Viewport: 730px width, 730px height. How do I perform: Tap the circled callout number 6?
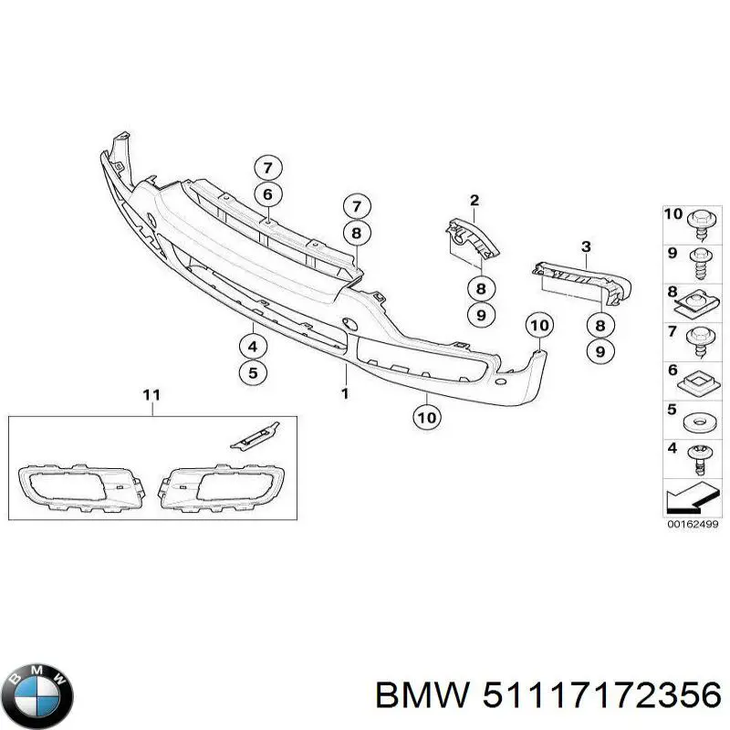coord(267,193)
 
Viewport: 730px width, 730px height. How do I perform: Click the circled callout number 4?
coord(253,347)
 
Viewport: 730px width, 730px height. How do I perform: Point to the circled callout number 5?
coord(253,372)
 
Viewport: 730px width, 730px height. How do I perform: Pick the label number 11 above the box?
coord(151,394)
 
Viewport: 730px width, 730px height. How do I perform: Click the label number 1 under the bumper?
coord(345,393)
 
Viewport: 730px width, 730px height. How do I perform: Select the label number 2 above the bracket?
coord(474,200)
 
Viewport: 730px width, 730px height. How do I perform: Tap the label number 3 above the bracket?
coord(586,246)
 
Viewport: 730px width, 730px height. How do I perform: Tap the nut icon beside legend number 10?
coord(700,220)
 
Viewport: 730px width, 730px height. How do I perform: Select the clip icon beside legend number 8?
coord(700,297)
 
